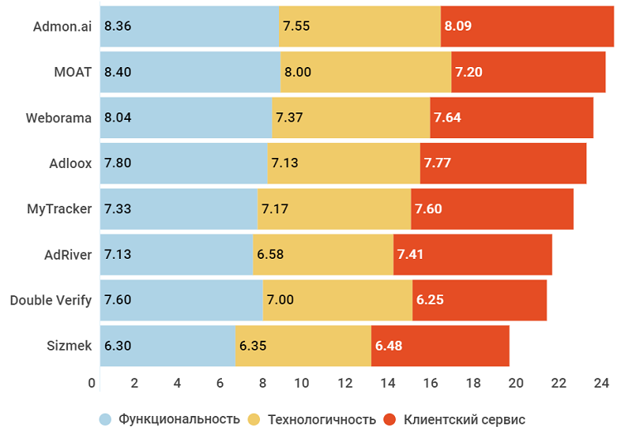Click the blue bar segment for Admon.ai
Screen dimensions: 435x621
[x=190, y=26]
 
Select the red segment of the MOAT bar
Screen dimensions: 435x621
[x=528, y=72]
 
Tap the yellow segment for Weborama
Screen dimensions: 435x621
[x=351, y=117]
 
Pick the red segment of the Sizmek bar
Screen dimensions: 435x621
[x=440, y=345]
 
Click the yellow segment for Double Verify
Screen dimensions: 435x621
[x=337, y=299]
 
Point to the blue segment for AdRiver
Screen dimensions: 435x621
[x=176, y=254]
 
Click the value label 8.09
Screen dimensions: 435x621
[x=458, y=26]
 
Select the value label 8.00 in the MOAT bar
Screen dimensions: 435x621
[x=297, y=72]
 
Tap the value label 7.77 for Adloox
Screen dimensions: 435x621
[x=437, y=163]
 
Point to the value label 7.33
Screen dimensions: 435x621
[x=118, y=208]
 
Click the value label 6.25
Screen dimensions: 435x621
[x=430, y=299]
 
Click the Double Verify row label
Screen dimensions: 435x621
[x=51, y=299]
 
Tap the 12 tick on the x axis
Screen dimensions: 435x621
[x=345, y=383]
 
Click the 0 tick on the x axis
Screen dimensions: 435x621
[x=92, y=383]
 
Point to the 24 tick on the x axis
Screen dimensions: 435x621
[x=601, y=383]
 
